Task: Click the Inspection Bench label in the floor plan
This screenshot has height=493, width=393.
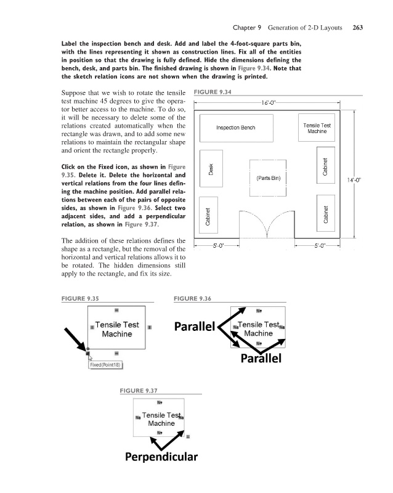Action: tap(235, 128)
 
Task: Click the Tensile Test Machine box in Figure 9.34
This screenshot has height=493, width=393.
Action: tap(317, 128)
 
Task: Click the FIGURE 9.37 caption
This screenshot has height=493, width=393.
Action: tap(139, 390)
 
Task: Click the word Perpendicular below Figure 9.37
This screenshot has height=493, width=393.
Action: tap(161, 457)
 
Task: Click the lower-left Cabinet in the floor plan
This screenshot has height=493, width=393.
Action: tap(210, 216)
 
